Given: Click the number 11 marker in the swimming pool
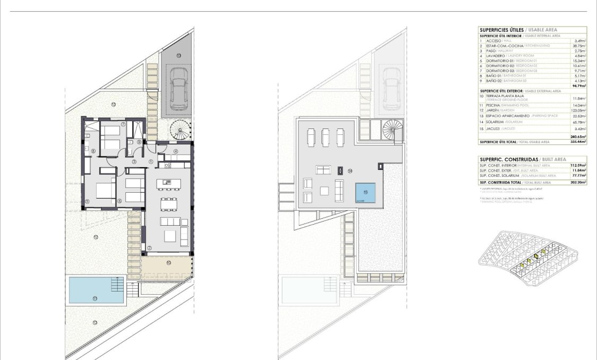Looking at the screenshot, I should point(95,298).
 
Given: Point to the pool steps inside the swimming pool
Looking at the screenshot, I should point(117,286).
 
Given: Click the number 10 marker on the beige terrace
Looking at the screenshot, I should point(168,262).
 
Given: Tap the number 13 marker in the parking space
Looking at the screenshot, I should point(179,55).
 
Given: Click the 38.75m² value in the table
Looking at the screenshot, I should point(579,46).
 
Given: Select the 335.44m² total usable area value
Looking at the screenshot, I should point(577,142).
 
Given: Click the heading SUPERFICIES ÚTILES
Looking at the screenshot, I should point(501,30).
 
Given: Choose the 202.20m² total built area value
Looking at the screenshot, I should point(577,182).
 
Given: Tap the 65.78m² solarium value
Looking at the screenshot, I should point(579,122).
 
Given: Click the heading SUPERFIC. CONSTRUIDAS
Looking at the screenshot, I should point(508,159).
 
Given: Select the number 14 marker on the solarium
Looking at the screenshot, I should point(350,171).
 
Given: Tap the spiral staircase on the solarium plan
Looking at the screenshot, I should point(393,130).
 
